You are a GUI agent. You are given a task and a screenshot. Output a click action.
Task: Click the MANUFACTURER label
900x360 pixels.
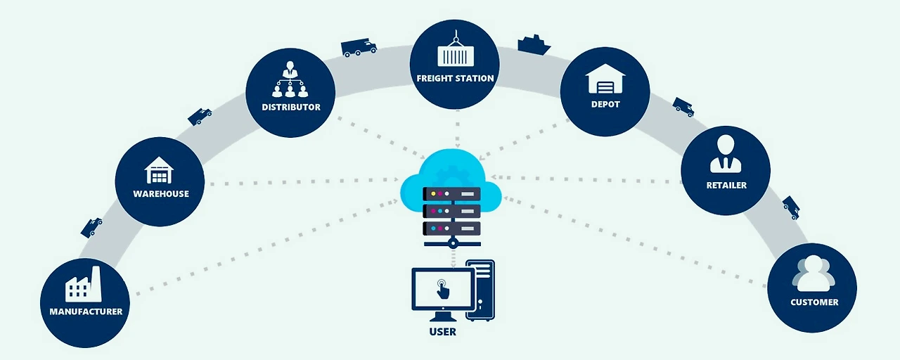pos(86,311)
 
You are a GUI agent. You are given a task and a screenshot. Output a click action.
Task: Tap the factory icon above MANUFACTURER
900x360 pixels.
pos(84,284)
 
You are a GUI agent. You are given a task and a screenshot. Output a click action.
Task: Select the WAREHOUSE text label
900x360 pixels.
pos(161,193)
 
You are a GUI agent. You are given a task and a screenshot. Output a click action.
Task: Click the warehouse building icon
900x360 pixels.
pos(159,170)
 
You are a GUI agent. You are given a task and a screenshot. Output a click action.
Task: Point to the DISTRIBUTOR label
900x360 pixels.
pos(291,108)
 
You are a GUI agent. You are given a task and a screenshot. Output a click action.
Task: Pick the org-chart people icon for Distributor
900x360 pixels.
pos(290,79)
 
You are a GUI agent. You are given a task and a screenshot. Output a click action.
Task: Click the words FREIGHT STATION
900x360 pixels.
pos(455,78)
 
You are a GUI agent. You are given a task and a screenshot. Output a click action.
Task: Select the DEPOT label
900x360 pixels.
pos(605,105)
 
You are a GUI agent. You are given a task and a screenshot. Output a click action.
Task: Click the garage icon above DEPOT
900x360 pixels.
pos(605,79)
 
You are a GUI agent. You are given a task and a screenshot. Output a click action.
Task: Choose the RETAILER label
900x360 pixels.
pos(726,185)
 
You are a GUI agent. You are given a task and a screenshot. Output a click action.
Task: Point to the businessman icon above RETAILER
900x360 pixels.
pos(726,154)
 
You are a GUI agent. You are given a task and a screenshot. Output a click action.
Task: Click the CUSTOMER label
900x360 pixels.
pos(814,302)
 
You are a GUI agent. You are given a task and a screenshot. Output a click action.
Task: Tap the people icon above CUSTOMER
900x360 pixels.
pos(814,274)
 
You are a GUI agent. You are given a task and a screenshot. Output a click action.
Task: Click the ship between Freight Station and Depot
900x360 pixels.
pos(534,44)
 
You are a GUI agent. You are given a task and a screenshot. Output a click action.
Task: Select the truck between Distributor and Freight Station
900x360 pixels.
pos(359,47)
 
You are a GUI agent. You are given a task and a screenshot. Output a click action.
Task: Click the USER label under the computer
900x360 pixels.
pos(443,332)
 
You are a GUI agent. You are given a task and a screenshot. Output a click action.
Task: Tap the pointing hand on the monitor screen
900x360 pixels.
pos(442,289)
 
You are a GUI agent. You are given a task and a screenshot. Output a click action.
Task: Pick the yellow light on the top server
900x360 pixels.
pos(433,193)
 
